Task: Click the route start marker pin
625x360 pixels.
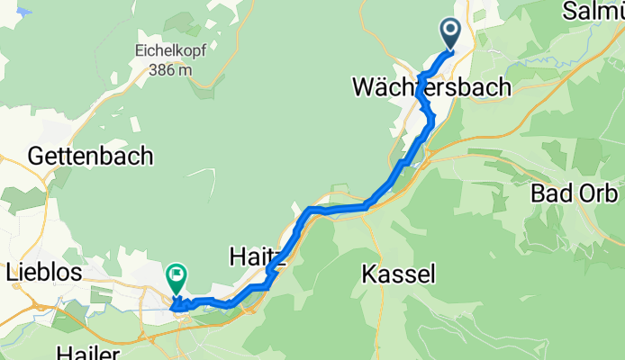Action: (x=451, y=34)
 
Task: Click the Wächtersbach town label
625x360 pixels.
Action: (x=431, y=87)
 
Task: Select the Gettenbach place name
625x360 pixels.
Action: (x=91, y=156)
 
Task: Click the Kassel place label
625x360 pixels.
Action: (x=401, y=272)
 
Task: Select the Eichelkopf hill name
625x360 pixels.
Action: (x=171, y=50)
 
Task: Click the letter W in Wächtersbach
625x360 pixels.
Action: (x=364, y=87)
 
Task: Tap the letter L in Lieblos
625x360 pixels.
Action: (x=12, y=271)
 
